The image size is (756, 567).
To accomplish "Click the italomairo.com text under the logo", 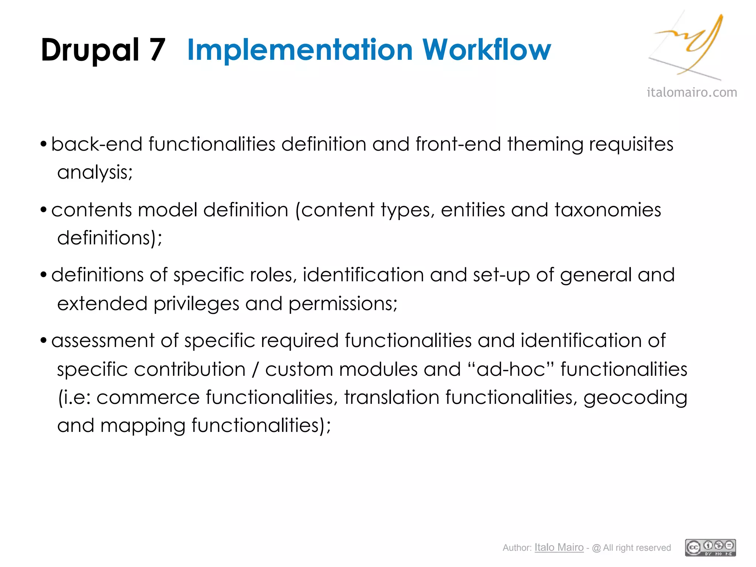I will coord(692,92).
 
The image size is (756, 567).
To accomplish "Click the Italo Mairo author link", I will coord(559,547).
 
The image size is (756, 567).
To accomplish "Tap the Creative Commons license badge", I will coord(710,548).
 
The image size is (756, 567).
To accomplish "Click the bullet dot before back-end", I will coord(44,144).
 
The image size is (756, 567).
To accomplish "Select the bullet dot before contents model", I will coord(44,210).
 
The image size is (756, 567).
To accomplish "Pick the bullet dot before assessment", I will coord(44,340).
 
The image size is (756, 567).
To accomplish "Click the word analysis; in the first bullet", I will coord(95,172).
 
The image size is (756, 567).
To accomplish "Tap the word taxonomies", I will coord(608,210).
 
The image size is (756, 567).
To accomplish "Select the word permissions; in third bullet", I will coord(343,304).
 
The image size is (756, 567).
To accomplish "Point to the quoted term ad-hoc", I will coord(511,369).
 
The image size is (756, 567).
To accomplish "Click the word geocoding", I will coord(635,398).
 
